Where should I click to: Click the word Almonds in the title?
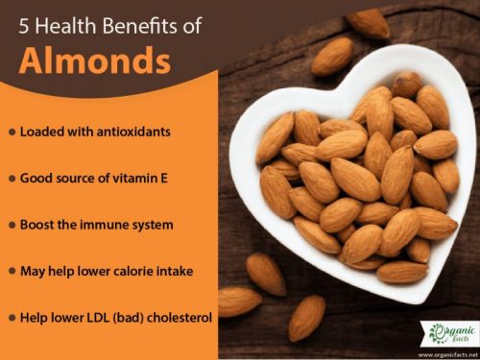[94, 60]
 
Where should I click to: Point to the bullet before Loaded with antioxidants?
[11, 132]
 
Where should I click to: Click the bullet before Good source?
[11, 178]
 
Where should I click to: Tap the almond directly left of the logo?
[307, 317]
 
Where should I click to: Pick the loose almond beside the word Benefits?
[332, 57]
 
